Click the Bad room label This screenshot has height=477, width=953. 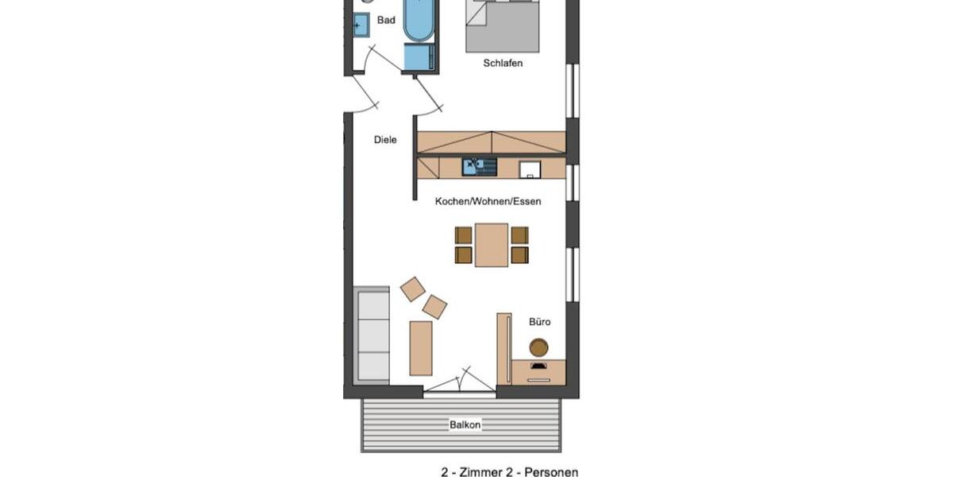386,21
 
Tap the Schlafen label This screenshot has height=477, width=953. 503,64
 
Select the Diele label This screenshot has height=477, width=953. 385,140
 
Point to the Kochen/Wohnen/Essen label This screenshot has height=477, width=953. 488,201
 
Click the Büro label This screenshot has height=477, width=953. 540,322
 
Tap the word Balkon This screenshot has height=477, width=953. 465,425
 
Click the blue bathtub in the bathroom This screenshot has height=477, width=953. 419,20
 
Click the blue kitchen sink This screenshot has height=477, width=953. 479,166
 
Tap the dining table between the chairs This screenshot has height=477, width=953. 492,245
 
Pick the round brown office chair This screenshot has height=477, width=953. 538,347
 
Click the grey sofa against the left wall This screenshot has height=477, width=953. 372,334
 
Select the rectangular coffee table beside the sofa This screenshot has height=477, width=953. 421,348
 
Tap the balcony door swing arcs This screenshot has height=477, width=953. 461,380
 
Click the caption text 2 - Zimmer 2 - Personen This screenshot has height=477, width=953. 509,472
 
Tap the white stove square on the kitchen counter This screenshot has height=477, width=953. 530,169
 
